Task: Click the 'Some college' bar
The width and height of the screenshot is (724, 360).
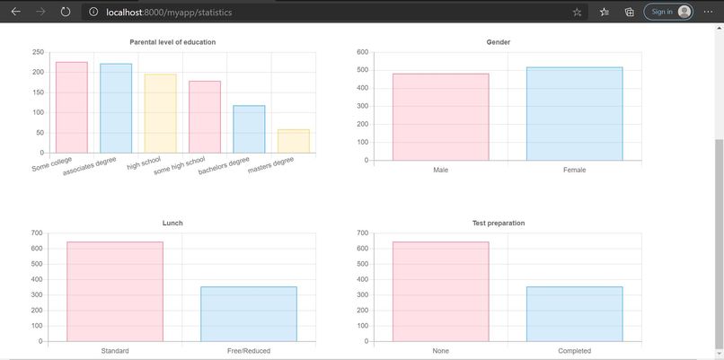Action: pyautogui.click(x=72, y=108)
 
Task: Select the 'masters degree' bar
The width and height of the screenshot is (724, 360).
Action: pyautogui.click(x=293, y=141)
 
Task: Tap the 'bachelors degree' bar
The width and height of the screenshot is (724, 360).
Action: pyautogui.click(x=249, y=129)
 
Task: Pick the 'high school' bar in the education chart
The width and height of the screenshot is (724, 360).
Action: pyautogui.click(x=160, y=113)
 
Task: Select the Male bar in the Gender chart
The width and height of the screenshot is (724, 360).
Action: pyautogui.click(x=440, y=117)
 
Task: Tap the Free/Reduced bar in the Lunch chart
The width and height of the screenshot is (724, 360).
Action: pyautogui.click(x=249, y=314)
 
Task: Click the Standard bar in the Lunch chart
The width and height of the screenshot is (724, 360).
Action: pyautogui.click(x=115, y=292)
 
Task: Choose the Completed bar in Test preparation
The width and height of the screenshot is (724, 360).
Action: pyautogui.click(x=574, y=314)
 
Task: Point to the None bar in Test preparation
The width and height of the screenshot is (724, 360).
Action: pyautogui.click(x=440, y=292)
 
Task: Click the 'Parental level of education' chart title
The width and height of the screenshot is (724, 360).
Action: pyautogui.click(x=172, y=42)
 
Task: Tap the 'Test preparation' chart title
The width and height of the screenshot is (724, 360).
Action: pyautogui.click(x=499, y=223)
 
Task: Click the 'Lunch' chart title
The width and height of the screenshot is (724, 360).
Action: pyautogui.click(x=172, y=223)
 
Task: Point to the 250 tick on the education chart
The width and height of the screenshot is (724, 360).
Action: pyautogui.click(x=38, y=52)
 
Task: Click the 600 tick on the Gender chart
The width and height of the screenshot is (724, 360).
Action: pyautogui.click(x=362, y=52)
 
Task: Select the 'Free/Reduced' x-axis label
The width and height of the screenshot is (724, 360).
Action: pyautogui.click(x=249, y=351)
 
